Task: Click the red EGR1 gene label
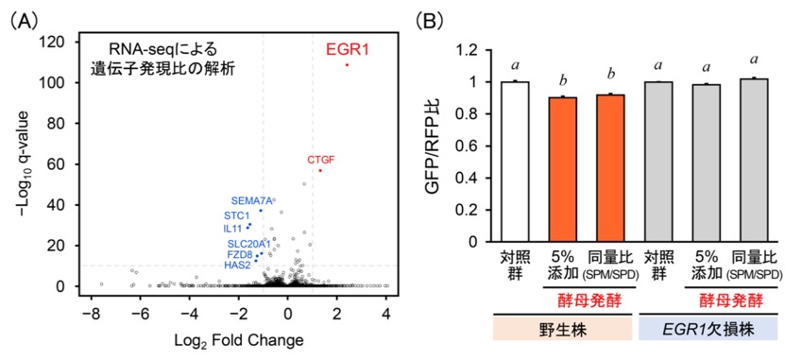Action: point(348,49)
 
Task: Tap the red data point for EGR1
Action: point(347,65)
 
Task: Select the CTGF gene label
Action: point(320,160)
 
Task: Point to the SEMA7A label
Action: point(251,200)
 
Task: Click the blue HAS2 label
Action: point(237,265)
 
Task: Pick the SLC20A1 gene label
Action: point(249,244)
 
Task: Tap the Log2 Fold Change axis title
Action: point(238,339)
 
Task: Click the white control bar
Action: point(515,161)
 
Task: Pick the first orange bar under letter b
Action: point(563,169)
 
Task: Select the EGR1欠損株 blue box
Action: point(708,328)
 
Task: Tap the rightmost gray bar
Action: point(754,160)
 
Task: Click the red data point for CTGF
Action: point(320,170)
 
